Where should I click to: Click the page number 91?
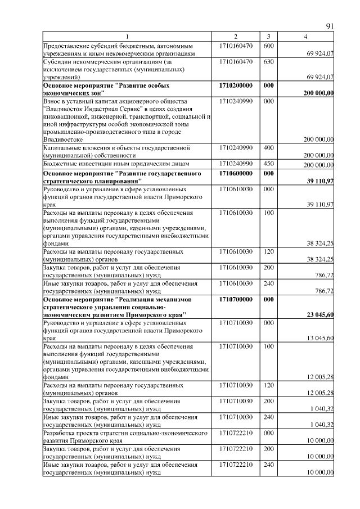tap(330, 26)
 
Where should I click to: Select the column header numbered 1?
tap(128, 37)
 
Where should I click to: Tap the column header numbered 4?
tap(305, 37)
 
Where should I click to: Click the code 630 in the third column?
tap(268, 61)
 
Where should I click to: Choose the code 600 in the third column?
tap(268, 45)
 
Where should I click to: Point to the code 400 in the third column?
tap(268, 147)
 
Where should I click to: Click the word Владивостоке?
tap(64, 139)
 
